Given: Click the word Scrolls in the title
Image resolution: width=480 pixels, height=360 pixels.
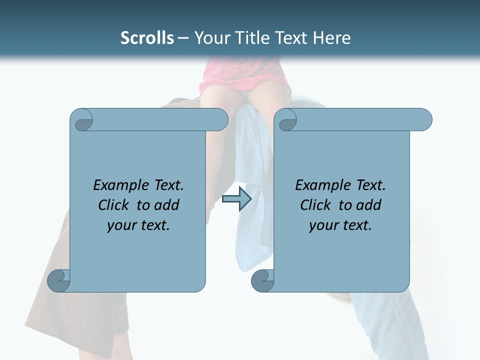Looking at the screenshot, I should click(147, 38).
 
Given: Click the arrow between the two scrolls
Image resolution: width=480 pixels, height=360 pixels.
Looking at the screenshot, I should click(236, 199).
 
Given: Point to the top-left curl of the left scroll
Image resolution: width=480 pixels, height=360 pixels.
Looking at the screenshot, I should click(82, 120).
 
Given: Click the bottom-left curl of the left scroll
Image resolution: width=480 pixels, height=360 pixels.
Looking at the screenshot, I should click(59, 280).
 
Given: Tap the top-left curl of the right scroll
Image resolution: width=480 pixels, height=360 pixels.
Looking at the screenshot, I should click(286, 120).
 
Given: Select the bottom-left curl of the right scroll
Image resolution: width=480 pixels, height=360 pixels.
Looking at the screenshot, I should click(263, 280).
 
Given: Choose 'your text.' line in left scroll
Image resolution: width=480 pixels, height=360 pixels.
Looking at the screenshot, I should click(138, 225).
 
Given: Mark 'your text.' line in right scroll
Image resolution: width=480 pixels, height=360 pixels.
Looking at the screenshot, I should click(340, 225).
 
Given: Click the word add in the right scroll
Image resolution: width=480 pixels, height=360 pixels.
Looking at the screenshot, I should click(368, 205).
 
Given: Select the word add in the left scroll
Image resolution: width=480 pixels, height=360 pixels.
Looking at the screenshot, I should click(166, 205).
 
